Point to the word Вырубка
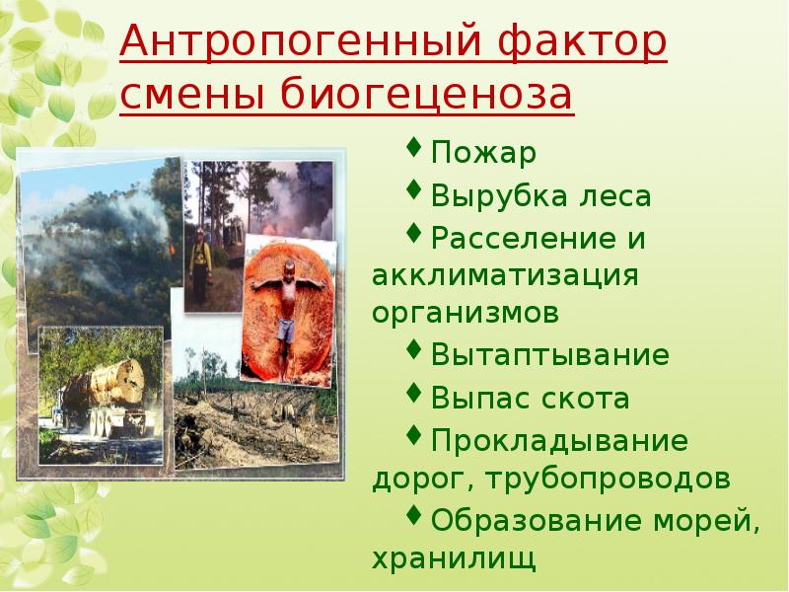[x=497, y=196]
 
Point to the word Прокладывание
[x=559, y=440]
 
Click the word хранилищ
[x=455, y=559]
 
